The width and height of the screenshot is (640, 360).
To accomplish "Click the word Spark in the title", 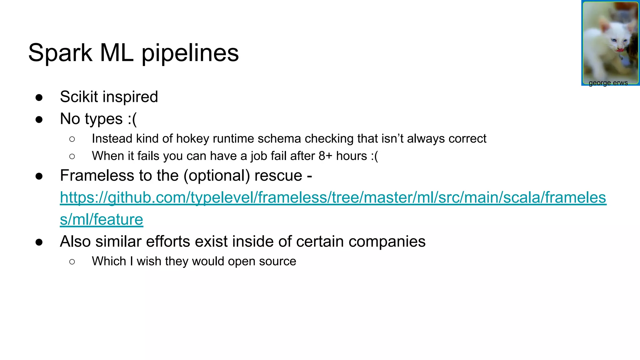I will click(60, 53).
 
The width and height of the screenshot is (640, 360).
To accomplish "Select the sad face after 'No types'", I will click(132, 119).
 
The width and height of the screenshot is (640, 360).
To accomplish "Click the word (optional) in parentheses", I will click(217, 176).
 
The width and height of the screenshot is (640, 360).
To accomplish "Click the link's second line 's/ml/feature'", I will click(101, 219).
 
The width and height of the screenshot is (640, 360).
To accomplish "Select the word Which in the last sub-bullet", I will click(109, 261).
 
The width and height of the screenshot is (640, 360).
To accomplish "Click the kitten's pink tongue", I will click(620, 49).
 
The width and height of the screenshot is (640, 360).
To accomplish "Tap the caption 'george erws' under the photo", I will click(608, 83).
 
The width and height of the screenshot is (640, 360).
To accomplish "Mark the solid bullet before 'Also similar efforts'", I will click(39, 242).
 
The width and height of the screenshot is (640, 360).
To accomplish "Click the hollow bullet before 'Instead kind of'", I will click(72, 139).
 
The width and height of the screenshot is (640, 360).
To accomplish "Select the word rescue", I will click(278, 176).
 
